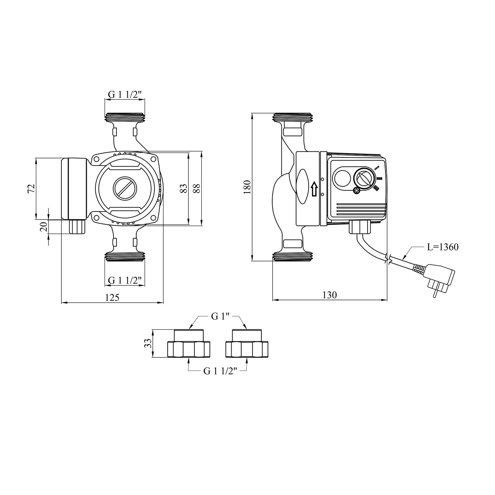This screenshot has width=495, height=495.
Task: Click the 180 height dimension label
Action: point(247,187)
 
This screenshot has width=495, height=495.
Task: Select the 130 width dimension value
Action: point(330,295)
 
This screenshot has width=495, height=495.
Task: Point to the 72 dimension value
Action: point(31,188)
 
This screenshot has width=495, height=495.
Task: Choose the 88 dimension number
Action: point(196,188)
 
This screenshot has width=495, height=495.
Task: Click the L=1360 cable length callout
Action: point(443,247)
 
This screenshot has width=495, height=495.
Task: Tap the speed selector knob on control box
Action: point(364,179)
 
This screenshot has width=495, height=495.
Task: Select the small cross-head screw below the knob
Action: point(356,190)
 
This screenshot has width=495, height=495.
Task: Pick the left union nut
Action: point(188,349)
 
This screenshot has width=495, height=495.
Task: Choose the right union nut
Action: point(247,349)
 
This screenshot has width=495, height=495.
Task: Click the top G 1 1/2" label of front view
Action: point(125,94)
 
